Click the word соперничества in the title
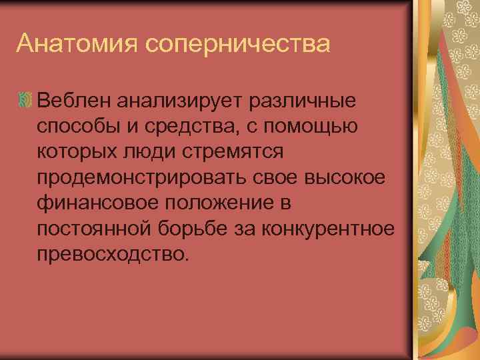point(236,45)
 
